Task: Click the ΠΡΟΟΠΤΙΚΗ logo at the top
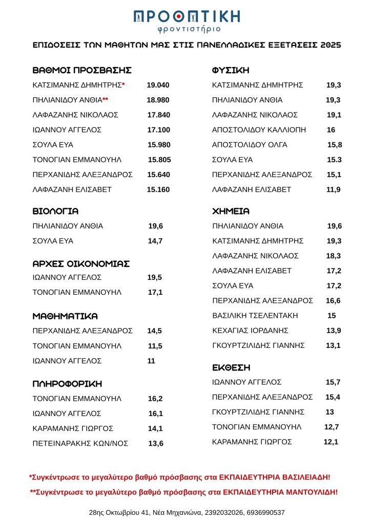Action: coord(186,20)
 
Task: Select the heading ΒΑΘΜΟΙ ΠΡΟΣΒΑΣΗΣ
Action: coord(82,70)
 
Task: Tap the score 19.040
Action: coord(158,85)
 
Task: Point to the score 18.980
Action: coord(158,100)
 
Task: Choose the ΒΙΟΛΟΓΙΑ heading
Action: coord(55,211)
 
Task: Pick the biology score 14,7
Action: coord(155,241)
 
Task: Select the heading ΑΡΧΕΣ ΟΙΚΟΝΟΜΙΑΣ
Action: coord(81,264)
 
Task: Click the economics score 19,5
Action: coord(155,277)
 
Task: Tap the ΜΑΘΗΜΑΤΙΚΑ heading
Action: coord(65,316)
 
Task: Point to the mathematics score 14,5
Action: coord(155,331)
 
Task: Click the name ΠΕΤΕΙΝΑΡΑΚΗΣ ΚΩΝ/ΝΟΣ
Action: coord(80,443)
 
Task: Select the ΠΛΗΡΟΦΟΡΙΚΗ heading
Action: coord(67,384)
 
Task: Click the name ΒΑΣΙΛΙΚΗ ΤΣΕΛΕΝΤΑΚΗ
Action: coord(255,315)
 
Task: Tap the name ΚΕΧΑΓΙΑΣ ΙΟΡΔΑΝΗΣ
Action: coord(251,331)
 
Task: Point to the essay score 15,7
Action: coord(333,382)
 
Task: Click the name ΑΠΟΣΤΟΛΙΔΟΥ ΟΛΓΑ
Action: coord(250,145)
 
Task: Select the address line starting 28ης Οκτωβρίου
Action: coord(186,512)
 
